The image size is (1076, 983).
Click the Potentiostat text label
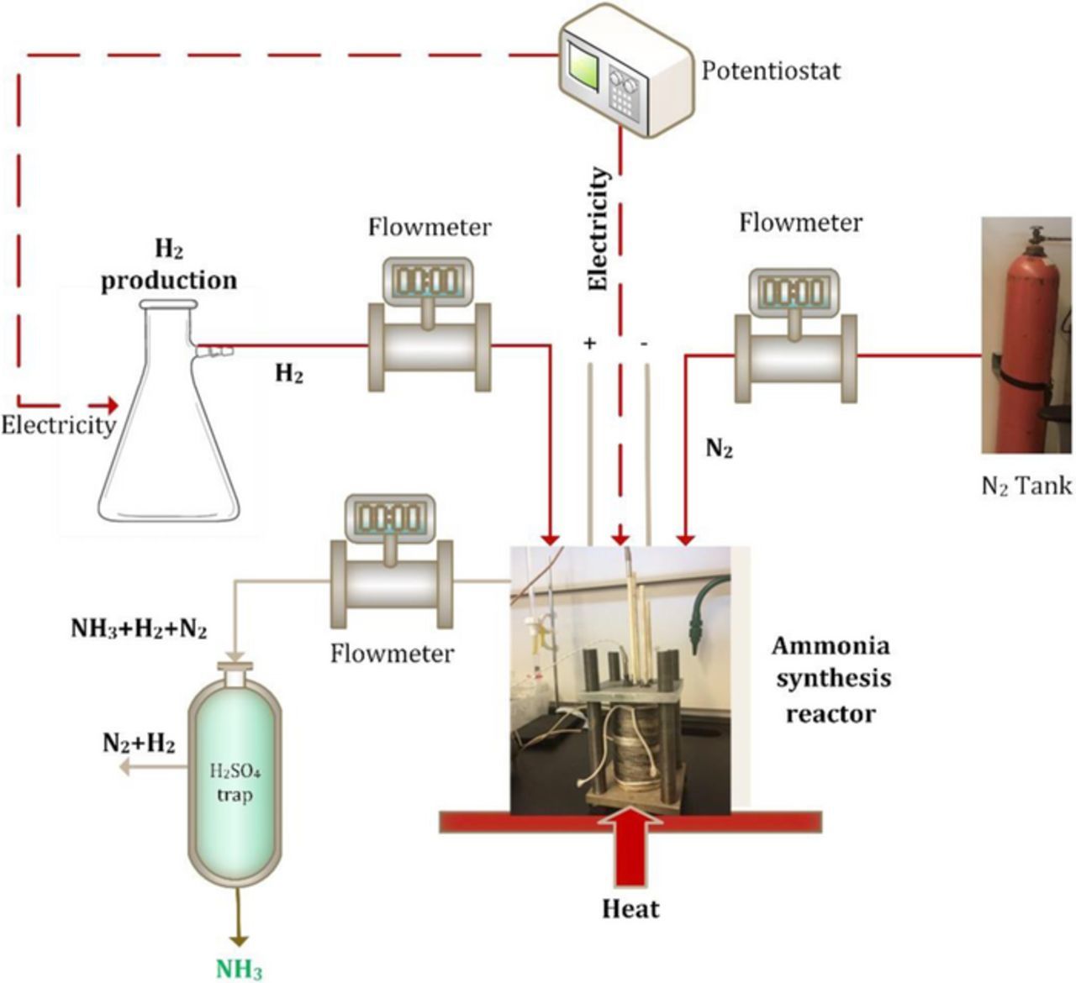[771, 70]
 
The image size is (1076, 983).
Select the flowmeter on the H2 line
[430, 336]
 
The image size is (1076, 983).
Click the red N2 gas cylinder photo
[1027, 336]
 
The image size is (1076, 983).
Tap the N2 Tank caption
[1026, 486]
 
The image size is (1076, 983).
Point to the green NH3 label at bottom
[240, 970]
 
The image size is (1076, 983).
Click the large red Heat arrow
[630, 849]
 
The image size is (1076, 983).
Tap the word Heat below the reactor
[630, 909]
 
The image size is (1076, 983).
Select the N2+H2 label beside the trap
[140, 743]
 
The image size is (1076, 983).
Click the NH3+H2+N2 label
[139, 628]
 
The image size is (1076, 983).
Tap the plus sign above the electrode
[589, 344]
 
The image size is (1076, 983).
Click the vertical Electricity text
[598, 229]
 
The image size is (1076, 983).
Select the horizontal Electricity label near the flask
[57, 425]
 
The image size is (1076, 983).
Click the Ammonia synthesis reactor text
[831, 680]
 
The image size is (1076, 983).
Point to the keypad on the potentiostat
[623, 100]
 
